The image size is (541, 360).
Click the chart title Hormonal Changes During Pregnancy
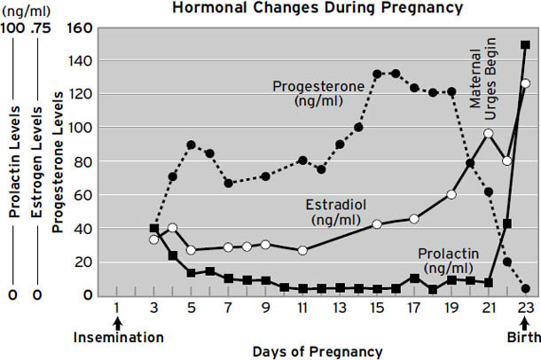[317, 9]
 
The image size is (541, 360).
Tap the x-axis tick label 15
[377, 308]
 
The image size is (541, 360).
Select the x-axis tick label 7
[228, 308]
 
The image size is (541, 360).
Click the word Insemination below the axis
[117, 337]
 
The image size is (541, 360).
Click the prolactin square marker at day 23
[526, 45]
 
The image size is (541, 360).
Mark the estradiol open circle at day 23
[525, 83]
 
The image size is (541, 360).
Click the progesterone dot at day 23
[526, 288]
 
